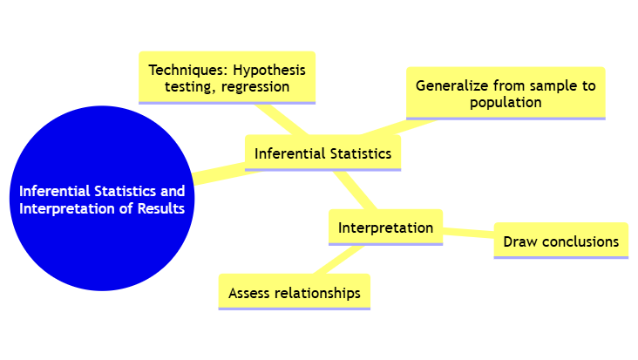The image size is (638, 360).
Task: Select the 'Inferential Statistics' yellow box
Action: [322, 153]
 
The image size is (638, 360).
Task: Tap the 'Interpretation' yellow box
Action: [385, 228]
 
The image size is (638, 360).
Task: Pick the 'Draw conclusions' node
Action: [560, 241]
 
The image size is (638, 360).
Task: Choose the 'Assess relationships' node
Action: [294, 293]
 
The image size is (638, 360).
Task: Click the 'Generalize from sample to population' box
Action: [506, 93]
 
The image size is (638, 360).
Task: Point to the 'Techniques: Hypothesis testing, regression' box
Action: [227, 78]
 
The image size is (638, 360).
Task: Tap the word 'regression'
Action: [255, 87]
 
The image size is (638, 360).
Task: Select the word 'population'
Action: [506, 102]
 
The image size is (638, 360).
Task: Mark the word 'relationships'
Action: [316, 293]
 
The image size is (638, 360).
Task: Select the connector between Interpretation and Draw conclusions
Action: [469, 233]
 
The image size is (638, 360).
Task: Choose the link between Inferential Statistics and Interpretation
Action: [356, 190]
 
